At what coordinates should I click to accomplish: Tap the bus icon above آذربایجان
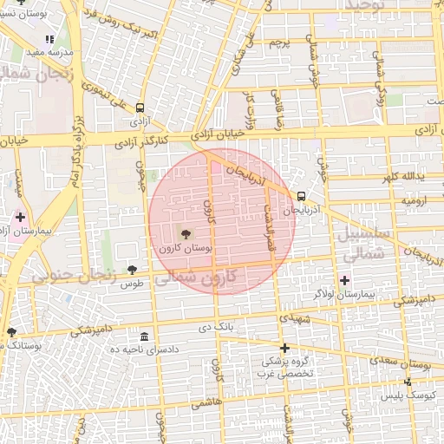(301, 196)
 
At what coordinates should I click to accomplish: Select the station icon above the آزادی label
(140, 109)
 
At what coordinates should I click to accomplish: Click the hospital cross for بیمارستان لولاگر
(345, 280)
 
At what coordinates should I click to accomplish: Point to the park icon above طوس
(132, 271)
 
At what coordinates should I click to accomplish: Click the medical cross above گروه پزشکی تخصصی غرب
(284, 348)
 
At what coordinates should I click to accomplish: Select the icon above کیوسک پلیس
(408, 382)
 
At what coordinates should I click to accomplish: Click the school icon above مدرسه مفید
(50, 39)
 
